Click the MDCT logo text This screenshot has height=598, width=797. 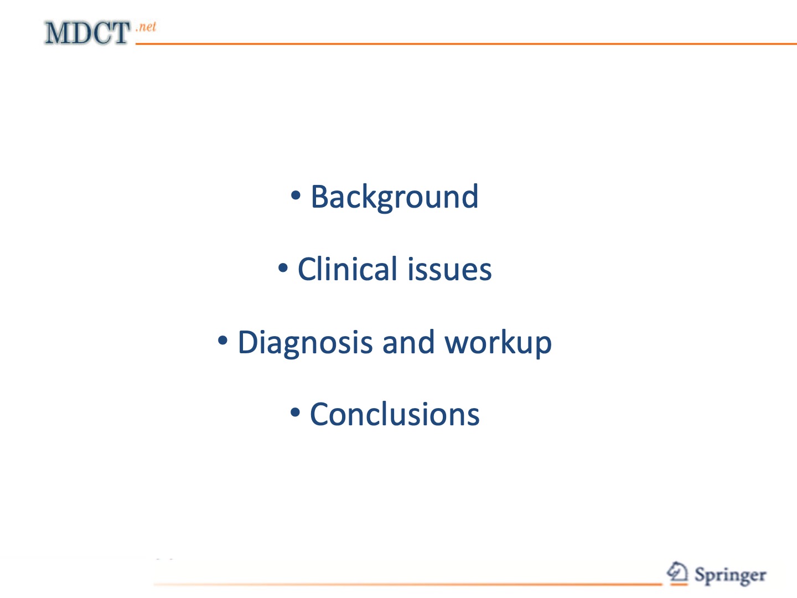pos(87,33)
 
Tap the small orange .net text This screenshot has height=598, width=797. pos(147,27)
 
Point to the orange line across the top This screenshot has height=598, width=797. pos(465,43)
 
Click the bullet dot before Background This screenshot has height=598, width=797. pos(296,195)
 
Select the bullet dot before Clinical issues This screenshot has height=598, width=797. pos(283,268)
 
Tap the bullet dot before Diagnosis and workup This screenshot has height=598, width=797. pos(222,341)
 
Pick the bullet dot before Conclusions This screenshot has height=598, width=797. pos(295,413)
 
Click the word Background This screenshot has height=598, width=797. pos(394,197)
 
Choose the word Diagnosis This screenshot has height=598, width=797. pos(305,343)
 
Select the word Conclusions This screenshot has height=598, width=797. pos(394,414)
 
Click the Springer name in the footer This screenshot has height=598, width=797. pos(730,575)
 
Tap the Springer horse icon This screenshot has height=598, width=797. pos(677,573)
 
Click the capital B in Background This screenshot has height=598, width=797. pos(320,197)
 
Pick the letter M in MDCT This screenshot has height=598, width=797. pos(56,33)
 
